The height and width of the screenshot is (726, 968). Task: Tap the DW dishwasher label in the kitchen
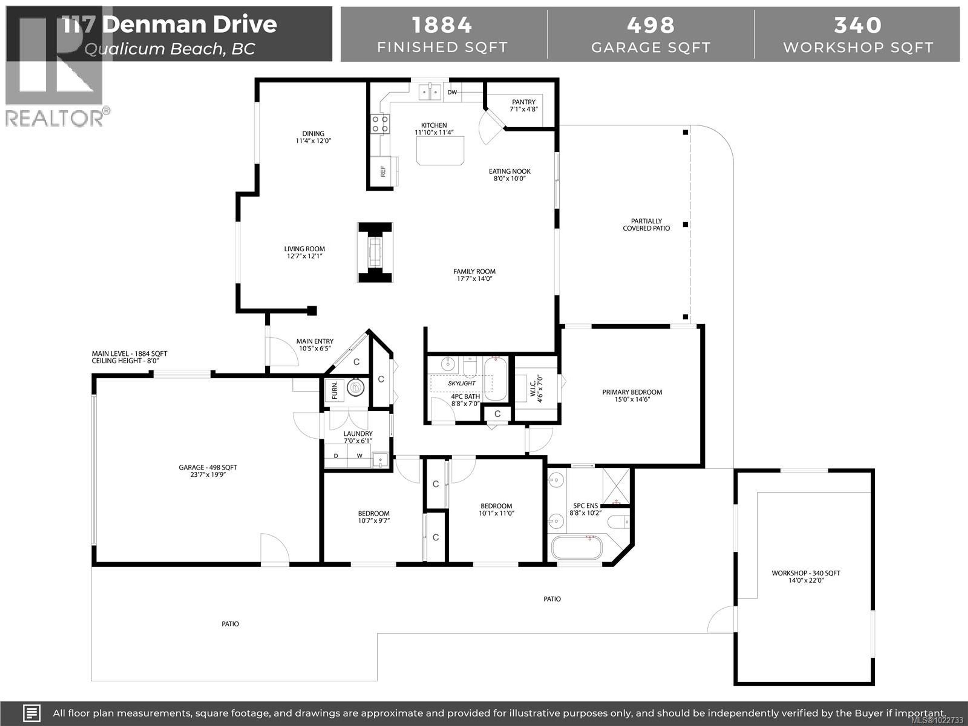click(452, 92)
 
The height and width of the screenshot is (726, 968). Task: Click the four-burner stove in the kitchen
click(380, 124)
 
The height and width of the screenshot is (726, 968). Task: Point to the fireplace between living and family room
click(375, 252)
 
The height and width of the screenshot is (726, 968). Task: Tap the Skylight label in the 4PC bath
click(461, 383)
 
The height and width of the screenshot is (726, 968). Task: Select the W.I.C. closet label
click(536, 389)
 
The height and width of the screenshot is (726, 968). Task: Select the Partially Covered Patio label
click(646, 225)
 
